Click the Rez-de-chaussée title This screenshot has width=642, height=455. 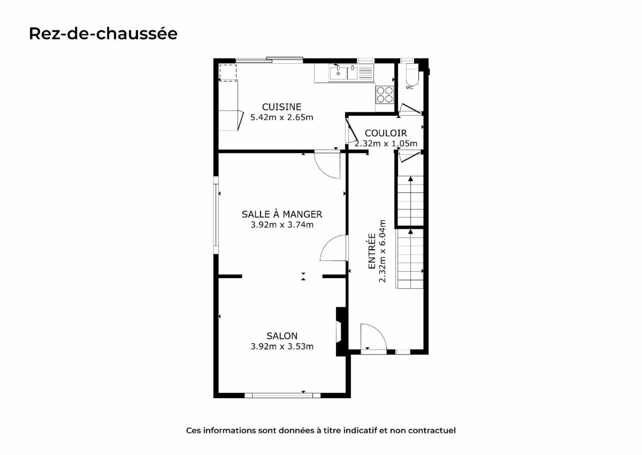[x=103, y=34]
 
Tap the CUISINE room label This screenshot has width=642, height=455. [x=282, y=107]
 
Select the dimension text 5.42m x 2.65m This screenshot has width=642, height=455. [x=282, y=117]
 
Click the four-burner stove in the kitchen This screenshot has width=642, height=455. [x=385, y=95]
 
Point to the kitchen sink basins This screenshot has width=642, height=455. [x=343, y=73]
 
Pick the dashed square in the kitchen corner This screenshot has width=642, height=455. [x=228, y=73]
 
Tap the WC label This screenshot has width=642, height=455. [x=410, y=87]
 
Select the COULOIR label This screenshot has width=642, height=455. [x=386, y=133]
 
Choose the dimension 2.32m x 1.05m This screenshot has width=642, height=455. [x=386, y=143]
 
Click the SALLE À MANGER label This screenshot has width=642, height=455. [x=282, y=214]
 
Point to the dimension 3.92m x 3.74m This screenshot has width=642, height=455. [x=282, y=225]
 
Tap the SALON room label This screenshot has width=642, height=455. [x=282, y=336]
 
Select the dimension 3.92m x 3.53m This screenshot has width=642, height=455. [x=282, y=347]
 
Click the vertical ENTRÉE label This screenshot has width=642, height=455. [x=372, y=251]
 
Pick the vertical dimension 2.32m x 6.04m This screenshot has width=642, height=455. [x=383, y=251]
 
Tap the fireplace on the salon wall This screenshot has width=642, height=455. [x=341, y=332]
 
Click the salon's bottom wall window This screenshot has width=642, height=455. [x=282, y=396]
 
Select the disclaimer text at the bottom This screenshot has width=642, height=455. [x=320, y=430]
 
